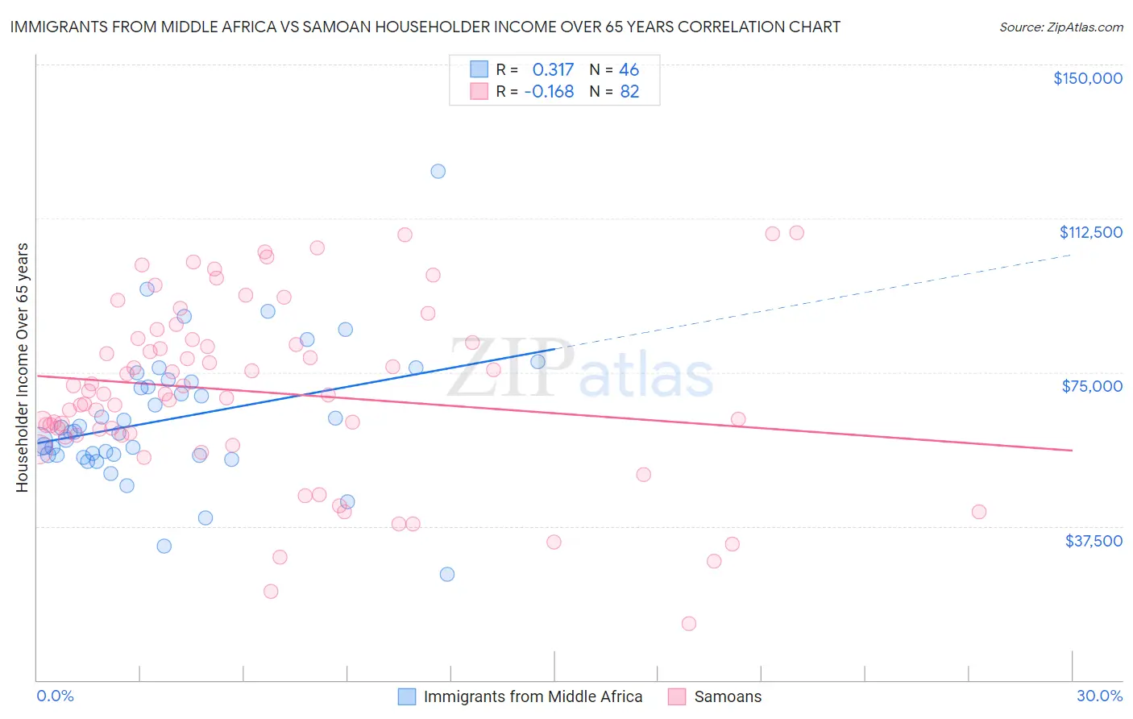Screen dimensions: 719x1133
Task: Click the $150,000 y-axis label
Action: point(1087,78)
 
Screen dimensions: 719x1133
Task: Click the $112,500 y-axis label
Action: point(1090,232)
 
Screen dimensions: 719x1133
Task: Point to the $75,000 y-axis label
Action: point(1091,386)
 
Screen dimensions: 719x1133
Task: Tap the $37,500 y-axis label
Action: point(1093,541)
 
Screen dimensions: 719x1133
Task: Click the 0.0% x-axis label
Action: point(55,696)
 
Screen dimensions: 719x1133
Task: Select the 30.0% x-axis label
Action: point(1099,696)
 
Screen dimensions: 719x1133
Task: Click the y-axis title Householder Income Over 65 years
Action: point(23,368)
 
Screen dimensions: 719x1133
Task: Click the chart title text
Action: point(425,27)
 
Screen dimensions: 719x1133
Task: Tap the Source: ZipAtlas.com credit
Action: point(1060,27)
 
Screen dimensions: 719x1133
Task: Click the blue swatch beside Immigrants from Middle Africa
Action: point(407,696)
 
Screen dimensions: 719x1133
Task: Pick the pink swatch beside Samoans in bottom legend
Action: point(677,696)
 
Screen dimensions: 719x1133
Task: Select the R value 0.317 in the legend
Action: point(553,69)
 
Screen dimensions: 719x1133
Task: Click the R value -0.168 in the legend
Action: point(549,92)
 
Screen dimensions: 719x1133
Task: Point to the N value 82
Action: point(629,92)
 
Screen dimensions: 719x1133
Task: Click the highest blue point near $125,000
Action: point(438,171)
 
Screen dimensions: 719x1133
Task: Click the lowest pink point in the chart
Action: point(688,623)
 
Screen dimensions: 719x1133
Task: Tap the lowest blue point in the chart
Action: point(446,574)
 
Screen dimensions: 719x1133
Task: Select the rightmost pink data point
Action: point(978,512)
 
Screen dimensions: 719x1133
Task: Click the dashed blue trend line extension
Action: point(814,301)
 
